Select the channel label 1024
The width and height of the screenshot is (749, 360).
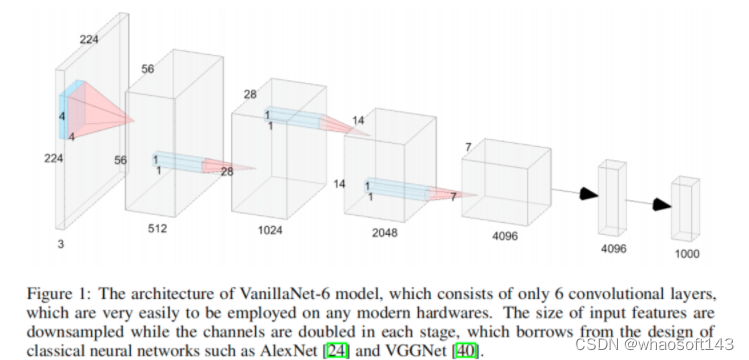click(269, 228)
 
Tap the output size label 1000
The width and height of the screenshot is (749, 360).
click(688, 254)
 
